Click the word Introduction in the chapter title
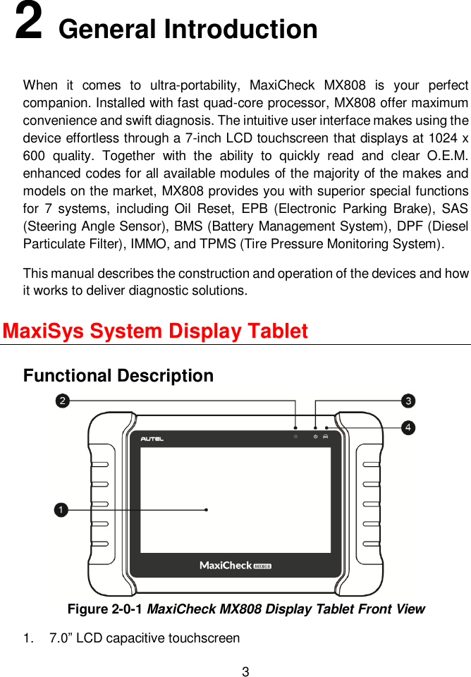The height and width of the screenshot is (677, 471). click(x=240, y=30)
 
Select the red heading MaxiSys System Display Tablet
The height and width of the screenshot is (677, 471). click(x=155, y=331)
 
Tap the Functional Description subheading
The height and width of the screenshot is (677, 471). click(x=118, y=376)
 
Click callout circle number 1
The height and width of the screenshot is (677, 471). click(x=62, y=509)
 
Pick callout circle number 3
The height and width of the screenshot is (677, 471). click(x=408, y=401)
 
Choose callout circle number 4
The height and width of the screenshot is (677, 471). click(x=408, y=427)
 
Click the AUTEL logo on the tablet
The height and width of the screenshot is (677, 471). click(x=152, y=439)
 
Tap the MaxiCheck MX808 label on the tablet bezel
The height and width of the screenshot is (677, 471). click(x=235, y=566)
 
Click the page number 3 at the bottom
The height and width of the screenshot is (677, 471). click(x=245, y=671)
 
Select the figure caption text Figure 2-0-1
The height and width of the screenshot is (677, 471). click(x=106, y=609)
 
